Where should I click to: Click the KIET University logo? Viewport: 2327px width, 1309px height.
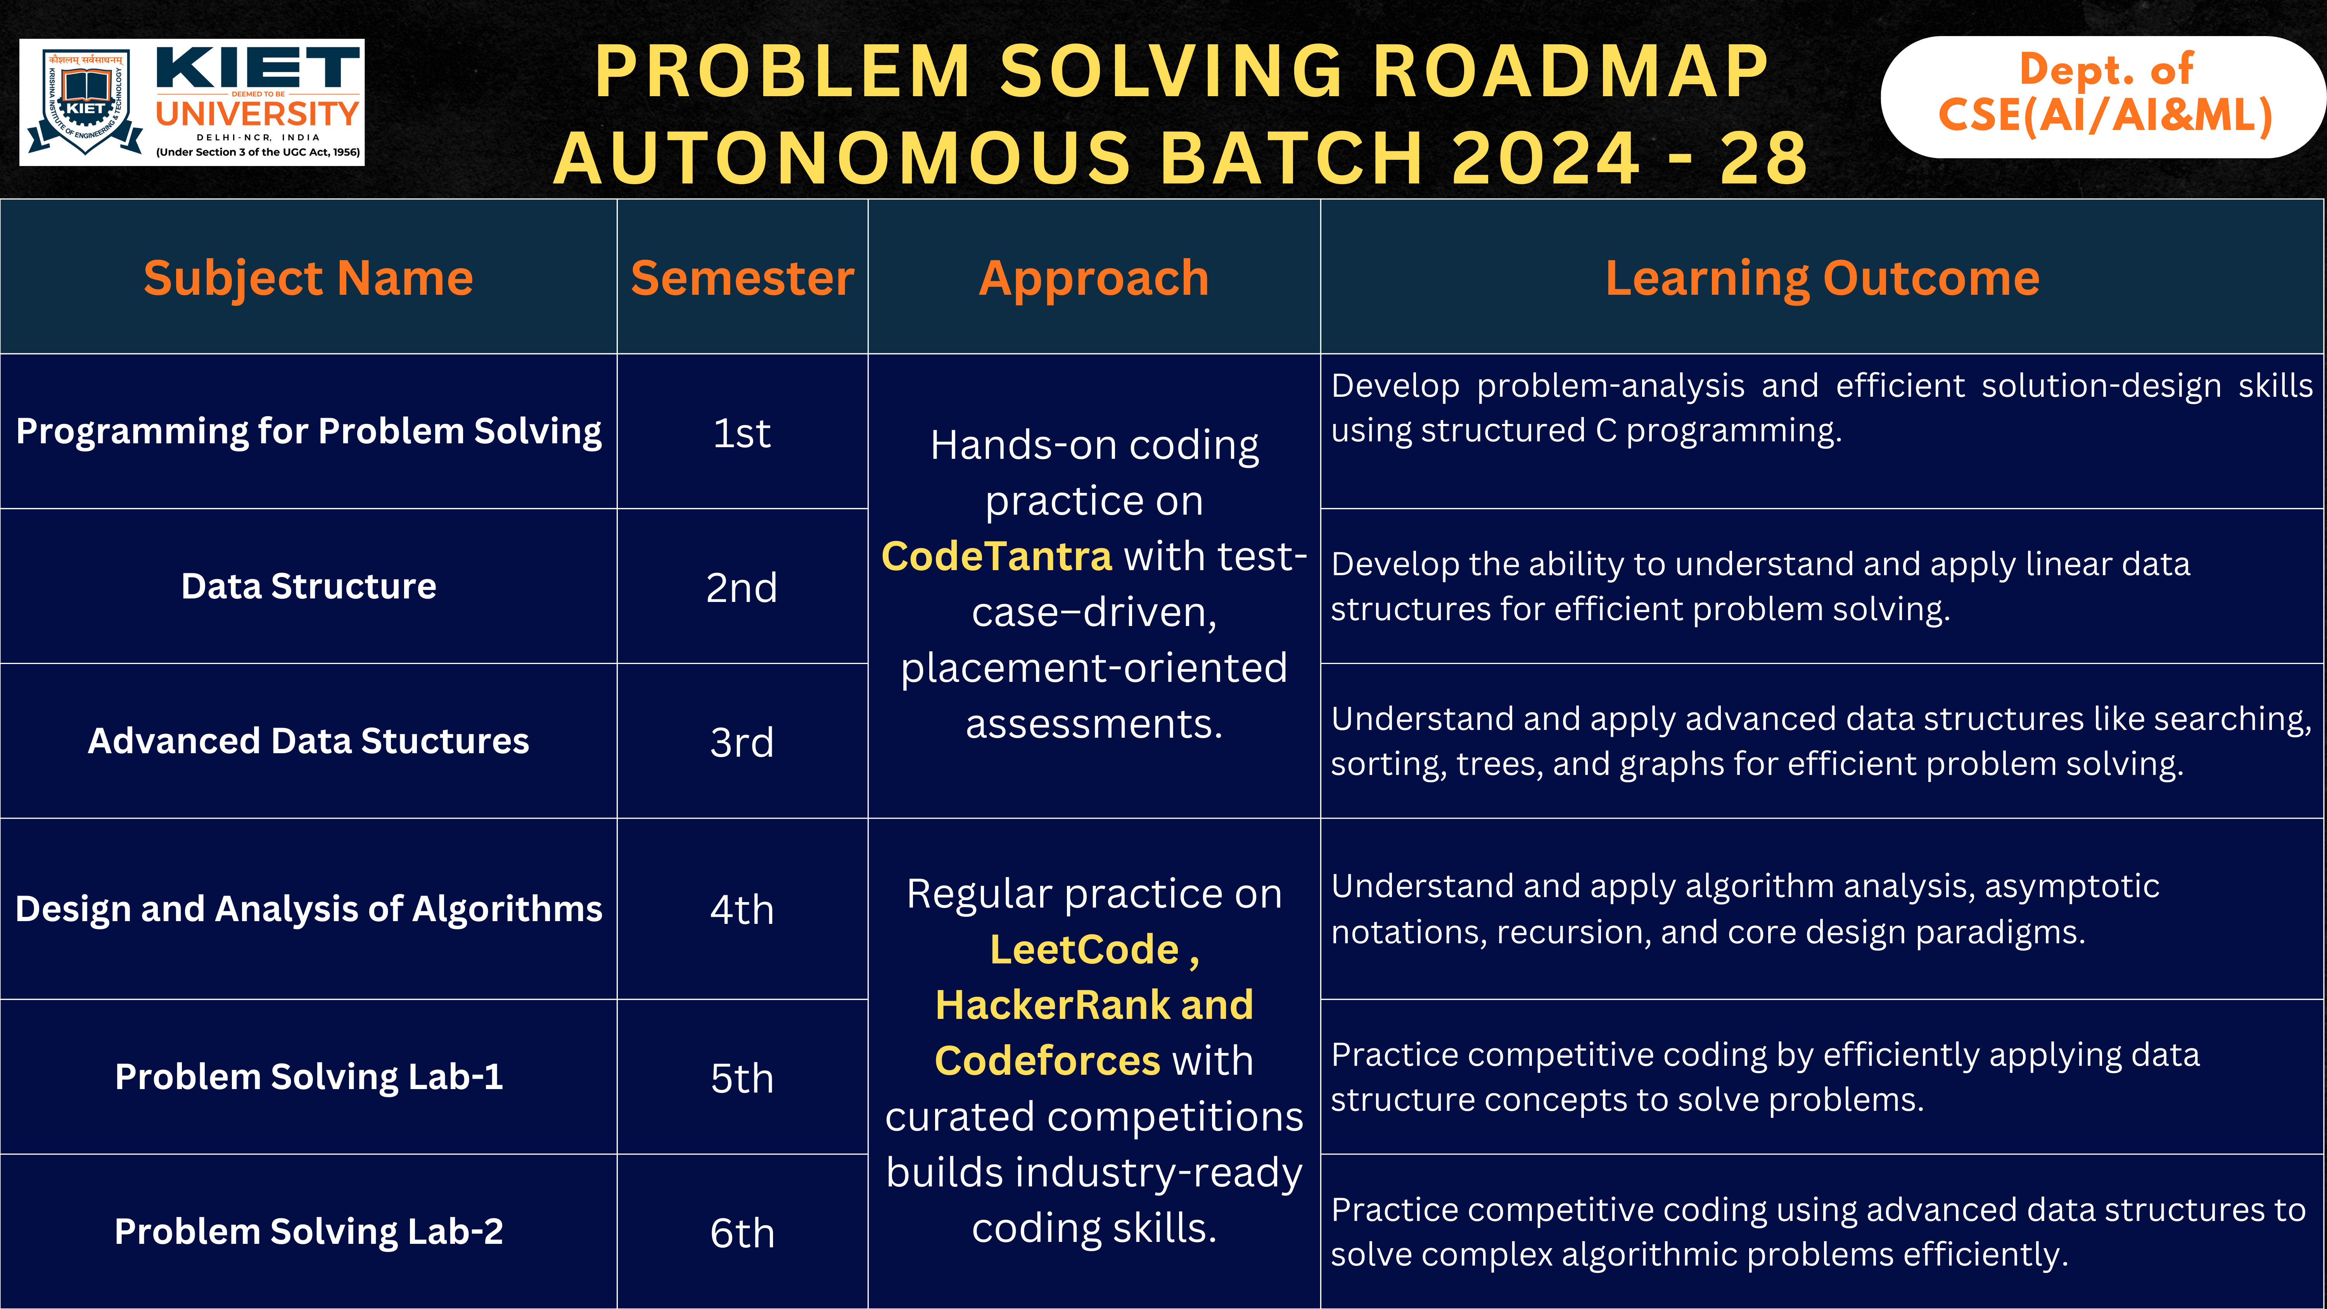pos(192,102)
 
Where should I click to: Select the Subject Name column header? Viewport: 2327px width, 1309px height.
pos(308,277)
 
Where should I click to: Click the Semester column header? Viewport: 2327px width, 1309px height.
pos(742,277)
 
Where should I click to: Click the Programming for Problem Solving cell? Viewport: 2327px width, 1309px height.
pos(308,431)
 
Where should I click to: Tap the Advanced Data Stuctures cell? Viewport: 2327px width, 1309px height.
pos(308,741)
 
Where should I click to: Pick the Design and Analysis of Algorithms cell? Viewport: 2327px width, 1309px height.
pos(308,909)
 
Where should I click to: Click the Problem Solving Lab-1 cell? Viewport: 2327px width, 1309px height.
pos(308,1077)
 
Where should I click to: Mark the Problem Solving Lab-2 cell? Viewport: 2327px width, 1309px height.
pos(308,1231)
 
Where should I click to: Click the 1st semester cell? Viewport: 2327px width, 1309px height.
pos(742,433)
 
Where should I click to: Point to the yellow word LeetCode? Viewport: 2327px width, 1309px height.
pos(1084,949)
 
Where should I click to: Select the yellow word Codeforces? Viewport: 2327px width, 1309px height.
pos(1046,1060)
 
